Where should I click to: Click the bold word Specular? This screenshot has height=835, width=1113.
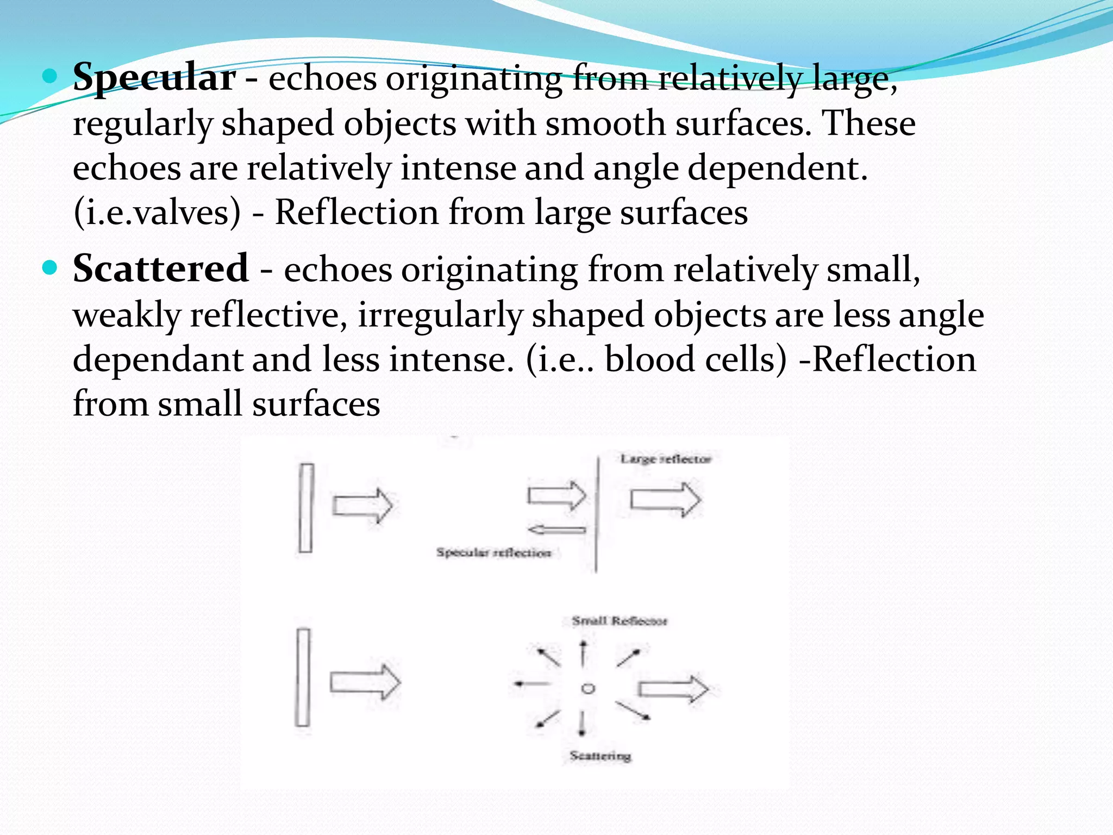pyautogui.click(x=154, y=78)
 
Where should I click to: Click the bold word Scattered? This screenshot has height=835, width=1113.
pyautogui.click(x=161, y=269)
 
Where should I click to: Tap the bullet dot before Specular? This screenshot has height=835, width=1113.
pyautogui.click(x=49, y=76)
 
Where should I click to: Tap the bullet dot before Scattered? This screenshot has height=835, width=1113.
pyautogui.click(x=49, y=267)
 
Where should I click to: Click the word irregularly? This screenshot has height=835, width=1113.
pyautogui.click(x=440, y=315)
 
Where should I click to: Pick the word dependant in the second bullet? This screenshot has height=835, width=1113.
pyautogui.click(x=157, y=360)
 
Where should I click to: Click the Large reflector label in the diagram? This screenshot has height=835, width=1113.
pyautogui.click(x=665, y=459)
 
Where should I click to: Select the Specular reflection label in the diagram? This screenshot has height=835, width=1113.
pyautogui.click(x=493, y=553)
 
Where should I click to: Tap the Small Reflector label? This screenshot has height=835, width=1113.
pyautogui.click(x=619, y=621)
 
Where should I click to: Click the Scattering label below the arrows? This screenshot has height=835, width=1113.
pyautogui.click(x=600, y=756)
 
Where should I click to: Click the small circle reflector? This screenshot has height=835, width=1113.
pyautogui.click(x=587, y=689)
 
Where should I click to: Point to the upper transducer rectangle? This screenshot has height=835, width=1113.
pyautogui.click(x=307, y=508)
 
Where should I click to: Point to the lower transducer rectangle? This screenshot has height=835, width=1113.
pyautogui.click(x=303, y=677)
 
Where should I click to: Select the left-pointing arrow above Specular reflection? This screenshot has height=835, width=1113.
pyautogui.click(x=556, y=529)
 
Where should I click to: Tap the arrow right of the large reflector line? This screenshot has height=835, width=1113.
pyautogui.click(x=665, y=499)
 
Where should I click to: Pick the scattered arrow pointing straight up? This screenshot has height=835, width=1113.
pyautogui.click(x=583, y=653)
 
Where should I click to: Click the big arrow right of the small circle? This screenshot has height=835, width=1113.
pyautogui.click(x=673, y=689)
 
